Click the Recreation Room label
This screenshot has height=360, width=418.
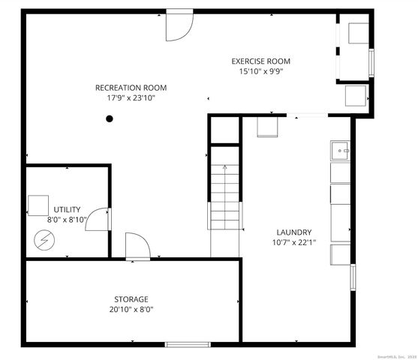pos(131,88)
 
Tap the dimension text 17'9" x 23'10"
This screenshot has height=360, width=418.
pos(131,97)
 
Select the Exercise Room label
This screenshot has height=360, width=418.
pos(260,61)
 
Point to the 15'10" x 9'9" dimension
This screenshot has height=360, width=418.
pos(260,71)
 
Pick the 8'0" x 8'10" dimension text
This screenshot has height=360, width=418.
pos(67,220)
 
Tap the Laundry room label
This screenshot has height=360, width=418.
pos(293,232)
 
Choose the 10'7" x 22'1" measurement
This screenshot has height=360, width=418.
pos(293,242)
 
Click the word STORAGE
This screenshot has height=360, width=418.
pos(131,298)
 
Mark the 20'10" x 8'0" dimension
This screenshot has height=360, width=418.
pos(131,309)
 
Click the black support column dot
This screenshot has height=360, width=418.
pos(110,118)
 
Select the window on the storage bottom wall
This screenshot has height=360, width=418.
pos(187,344)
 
